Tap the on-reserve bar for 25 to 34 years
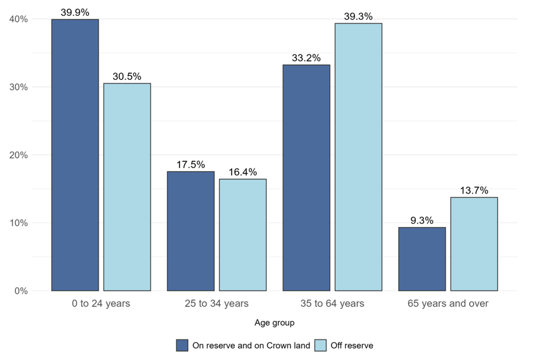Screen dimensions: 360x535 (191, 231)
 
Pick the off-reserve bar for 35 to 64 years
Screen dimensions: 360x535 (358, 157)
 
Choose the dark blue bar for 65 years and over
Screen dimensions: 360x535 (422, 259)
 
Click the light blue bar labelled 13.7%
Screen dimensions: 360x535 (474, 244)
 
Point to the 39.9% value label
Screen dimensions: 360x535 (75, 12)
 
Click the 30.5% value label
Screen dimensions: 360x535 (127, 76)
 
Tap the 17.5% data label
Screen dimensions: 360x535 (191, 165)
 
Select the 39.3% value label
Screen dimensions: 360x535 (358, 16)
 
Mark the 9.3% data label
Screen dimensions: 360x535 (422, 220)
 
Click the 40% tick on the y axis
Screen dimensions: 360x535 (18, 19)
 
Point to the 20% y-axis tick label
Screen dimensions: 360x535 (18, 155)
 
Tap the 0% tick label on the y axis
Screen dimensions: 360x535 (21, 291)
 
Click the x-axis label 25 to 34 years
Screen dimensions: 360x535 (217, 304)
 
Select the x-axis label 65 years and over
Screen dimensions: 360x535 (448, 304)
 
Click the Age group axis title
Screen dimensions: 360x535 (274, 323)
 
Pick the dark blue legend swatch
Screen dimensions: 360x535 (182, 345)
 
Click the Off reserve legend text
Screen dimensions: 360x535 (352, 346)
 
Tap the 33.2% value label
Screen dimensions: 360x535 (306, 58)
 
